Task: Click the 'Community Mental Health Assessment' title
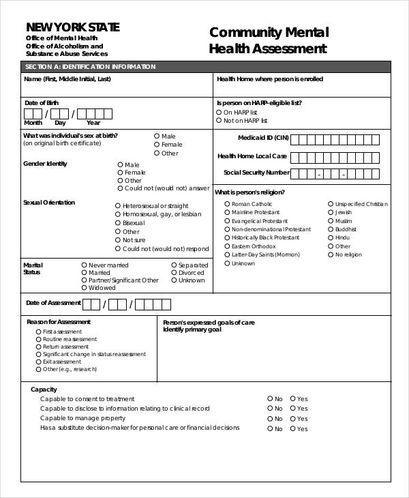269,40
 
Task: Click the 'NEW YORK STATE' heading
72,27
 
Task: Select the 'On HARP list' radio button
219,112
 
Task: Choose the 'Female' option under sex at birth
157,145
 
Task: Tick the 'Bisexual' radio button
118,223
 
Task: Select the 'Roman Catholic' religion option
227,204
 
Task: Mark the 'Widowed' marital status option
84,288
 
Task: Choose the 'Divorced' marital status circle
174,273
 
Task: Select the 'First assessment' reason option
38,332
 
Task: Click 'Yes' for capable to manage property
292,419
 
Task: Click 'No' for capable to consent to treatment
270,399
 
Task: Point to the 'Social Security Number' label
256,173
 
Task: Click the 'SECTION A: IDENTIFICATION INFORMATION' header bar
205,67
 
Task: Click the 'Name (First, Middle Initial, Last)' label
67,80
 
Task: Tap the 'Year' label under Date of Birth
93,123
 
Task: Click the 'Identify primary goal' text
192,329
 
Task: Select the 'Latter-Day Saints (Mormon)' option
227,254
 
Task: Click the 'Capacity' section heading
44,389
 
